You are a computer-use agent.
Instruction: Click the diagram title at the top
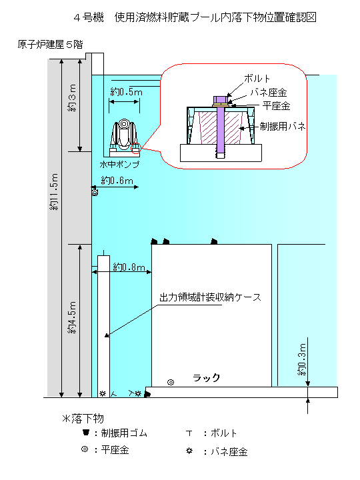tap(195, 17)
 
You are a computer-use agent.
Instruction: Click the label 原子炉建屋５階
tap(50, 45)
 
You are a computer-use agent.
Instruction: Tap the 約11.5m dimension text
tap(54, 191)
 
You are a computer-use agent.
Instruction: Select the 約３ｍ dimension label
tap(72, 98)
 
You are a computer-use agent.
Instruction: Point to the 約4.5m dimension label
tap(72, 317)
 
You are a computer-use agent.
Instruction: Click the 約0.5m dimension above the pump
tap(126, 92)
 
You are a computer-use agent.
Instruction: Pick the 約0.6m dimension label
tap(117, 181)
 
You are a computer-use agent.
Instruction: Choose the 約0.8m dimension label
tap(129, 267)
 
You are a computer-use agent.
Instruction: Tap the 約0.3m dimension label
tap(302, 359)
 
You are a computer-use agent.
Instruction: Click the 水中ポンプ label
tap(119, 165)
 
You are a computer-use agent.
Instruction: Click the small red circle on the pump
tap(135, 148)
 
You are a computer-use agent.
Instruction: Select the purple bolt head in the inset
tap(221, 100)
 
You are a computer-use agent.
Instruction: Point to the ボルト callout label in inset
tap(257, 79)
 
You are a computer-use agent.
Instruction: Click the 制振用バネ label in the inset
tap(283, 126)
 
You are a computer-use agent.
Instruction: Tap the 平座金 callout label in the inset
tap(276, 106)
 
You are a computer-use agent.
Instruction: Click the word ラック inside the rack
tap(206, 378)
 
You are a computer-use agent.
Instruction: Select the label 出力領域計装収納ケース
tap(210, 297)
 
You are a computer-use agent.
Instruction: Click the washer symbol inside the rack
tap(171, 382)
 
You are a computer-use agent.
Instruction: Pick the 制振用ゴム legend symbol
tap(86, 432)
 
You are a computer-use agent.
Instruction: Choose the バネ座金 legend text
tap(229, 451)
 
